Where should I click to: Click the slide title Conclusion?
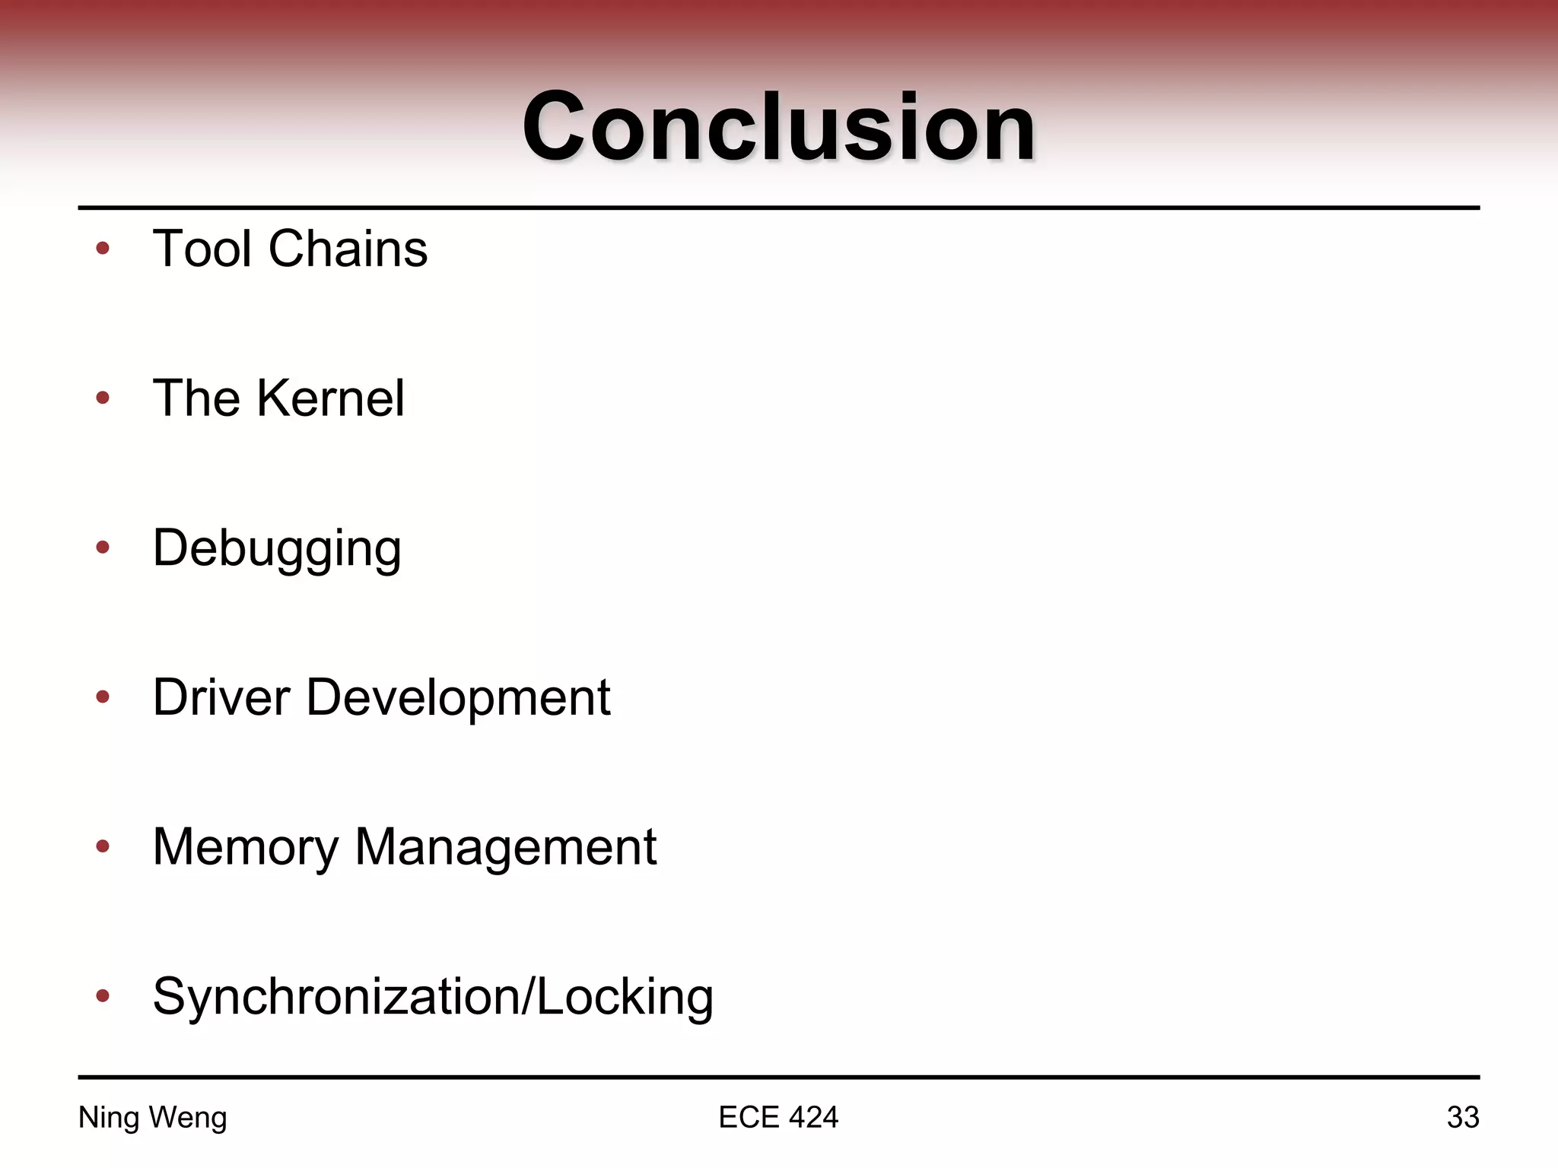[x=778, y=126]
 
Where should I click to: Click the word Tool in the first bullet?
[x=202, y=249]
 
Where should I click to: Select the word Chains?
[x=348, y=249]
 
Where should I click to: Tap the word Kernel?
[x=331, y=398]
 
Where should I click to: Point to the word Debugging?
[x=277, y=548]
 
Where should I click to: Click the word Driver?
[x=221, y=697]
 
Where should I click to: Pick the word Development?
[x=458, y=698]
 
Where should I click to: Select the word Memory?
[x=246, y=847]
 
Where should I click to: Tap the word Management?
[x=506, y=847]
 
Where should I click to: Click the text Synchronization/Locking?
[x=433, y=996]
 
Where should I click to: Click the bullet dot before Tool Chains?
[x=103, y=249]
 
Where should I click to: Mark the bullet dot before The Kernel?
[x=103, y=398]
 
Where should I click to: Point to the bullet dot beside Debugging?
[x=103, y=547]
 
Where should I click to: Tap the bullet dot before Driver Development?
[x=103, y=696]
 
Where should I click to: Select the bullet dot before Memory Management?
[x=103, y=846]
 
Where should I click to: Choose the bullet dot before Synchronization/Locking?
[x=103, y=995]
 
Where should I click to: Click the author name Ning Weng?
[x=153, y=1118]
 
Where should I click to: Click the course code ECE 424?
[x=778, y=1117]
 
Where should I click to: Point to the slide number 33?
[x=1462, y=1117]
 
